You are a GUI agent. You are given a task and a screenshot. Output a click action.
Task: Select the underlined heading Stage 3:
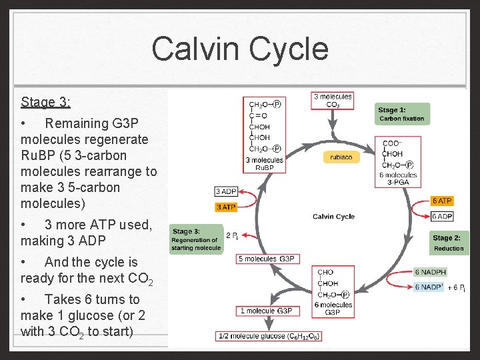(x=45, y=102)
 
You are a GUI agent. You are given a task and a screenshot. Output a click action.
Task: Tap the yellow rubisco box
(x=342, y=157)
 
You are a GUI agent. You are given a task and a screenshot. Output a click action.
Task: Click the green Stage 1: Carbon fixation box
(x=401, y=114)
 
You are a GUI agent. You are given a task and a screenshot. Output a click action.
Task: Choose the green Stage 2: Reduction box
(x=447, y=243)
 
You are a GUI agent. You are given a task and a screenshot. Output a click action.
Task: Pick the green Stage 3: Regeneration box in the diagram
(x=196, y=239)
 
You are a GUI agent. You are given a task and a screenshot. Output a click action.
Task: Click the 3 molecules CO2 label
(x=333, y=101)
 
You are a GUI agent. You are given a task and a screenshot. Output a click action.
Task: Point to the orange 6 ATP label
(x=442, y=201)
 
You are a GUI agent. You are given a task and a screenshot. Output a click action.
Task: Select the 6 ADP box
(x=442, y=217)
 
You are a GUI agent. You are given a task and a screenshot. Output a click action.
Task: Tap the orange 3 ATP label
(x=226, y=207)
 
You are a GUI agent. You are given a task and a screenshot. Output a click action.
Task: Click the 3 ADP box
(x=226, y=192)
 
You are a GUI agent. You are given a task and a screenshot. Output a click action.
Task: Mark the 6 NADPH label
(x=431, y=272)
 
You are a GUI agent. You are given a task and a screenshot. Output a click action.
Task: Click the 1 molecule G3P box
(x=265, y=311)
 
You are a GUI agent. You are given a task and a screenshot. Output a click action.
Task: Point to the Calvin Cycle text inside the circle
(x=333, y=217)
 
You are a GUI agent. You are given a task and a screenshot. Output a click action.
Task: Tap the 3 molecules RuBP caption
(x=265, y=164)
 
